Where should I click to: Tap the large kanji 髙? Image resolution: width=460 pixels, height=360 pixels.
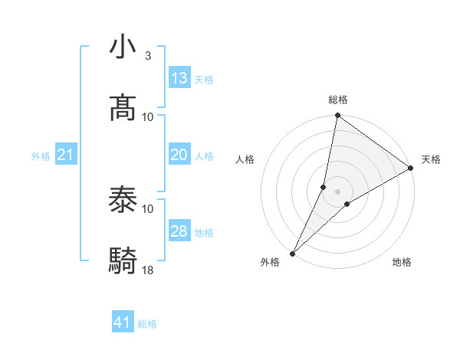123,107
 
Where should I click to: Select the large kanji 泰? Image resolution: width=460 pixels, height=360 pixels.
123,200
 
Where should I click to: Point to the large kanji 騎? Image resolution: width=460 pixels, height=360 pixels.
123,261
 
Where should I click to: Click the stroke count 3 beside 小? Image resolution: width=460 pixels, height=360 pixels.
148,56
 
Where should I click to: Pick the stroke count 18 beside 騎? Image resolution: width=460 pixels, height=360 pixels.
148,270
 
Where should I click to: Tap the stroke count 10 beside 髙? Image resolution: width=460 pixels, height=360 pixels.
148,116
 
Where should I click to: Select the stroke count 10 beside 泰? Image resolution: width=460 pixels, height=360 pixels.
148,208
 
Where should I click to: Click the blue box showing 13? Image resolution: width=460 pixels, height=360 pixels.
179,78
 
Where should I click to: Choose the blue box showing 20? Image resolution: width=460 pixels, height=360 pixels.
179,155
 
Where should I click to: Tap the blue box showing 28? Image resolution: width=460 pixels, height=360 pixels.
179,231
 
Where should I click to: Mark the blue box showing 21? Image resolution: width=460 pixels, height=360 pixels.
66,155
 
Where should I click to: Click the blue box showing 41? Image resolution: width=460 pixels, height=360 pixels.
123,322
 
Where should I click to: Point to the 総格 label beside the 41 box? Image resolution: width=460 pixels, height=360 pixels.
148,324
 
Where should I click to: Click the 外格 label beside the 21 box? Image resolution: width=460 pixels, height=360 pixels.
41,156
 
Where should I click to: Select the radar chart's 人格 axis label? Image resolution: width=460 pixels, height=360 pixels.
245,159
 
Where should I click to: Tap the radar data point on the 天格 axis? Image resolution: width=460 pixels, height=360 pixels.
411,168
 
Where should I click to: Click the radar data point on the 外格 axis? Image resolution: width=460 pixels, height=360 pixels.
292,254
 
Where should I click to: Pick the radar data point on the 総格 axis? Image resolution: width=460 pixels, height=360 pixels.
337,116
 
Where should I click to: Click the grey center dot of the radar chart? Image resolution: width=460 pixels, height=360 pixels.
337,191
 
